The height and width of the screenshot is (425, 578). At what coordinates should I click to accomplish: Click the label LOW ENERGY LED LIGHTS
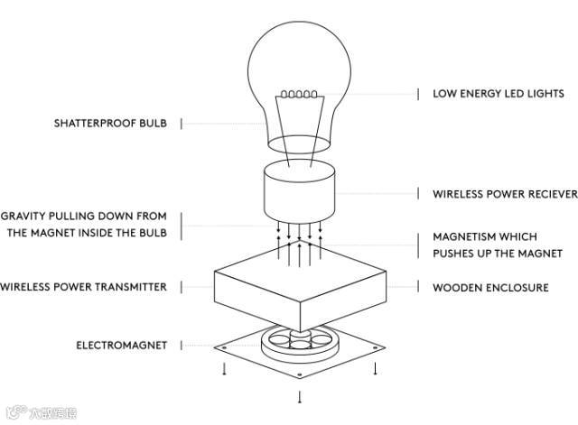point(498,94)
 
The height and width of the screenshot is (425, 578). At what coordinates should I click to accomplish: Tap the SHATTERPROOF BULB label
point(110,123)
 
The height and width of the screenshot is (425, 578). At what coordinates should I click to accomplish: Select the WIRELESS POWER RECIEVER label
point(504,194)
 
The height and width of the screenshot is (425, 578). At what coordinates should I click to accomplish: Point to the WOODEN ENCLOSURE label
point(490,288)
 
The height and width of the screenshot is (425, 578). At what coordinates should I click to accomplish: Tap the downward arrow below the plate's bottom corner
point(300,396)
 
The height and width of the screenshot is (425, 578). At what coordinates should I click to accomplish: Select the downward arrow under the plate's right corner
point(375,369)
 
